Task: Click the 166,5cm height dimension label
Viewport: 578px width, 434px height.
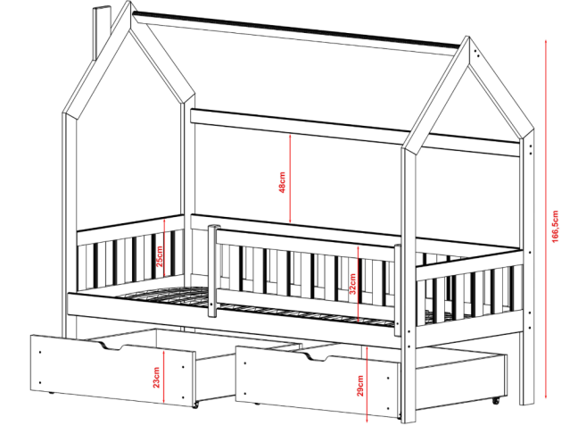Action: click(555, 227)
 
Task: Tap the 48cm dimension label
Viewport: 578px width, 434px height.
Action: click(282, 182)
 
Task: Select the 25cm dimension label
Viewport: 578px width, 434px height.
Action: click(160, 256)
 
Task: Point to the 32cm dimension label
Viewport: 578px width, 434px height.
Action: click(352, 284)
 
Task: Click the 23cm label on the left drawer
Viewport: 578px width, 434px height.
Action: click(156, 377)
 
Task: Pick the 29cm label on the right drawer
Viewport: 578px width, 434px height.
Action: click(360, 386)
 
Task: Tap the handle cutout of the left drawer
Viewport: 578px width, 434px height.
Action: click(111, 346)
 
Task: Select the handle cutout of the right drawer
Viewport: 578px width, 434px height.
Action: click(316, 356)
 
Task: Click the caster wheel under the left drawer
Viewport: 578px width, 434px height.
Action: click(194, 405)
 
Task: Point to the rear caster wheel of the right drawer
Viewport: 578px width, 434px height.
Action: click(496, 400)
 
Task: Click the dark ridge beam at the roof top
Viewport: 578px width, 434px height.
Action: click(297, 29)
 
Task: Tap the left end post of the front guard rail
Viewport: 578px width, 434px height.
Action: click(212, 271)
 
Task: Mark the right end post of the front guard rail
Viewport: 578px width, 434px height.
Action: click(398, 289)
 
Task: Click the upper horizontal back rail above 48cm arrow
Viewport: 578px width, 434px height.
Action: click(356, 132)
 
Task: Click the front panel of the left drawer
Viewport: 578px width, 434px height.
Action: click(112, 371)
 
